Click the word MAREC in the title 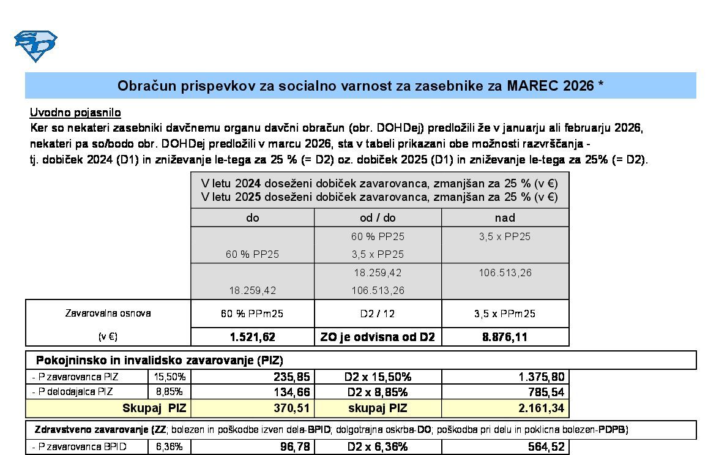click(532, 86)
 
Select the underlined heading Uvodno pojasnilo click(75, 113)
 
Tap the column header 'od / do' click(378, 217)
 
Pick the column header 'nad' click(505, 217)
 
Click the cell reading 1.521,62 click(252, 337)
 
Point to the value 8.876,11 click(505, 337)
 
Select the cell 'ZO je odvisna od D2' click(378, 337)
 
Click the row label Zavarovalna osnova click(108, 313)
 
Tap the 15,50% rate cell click(170, 377)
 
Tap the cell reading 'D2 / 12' click(378, 314)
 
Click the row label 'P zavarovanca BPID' click(80, 447)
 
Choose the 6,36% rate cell click(170, 447)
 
